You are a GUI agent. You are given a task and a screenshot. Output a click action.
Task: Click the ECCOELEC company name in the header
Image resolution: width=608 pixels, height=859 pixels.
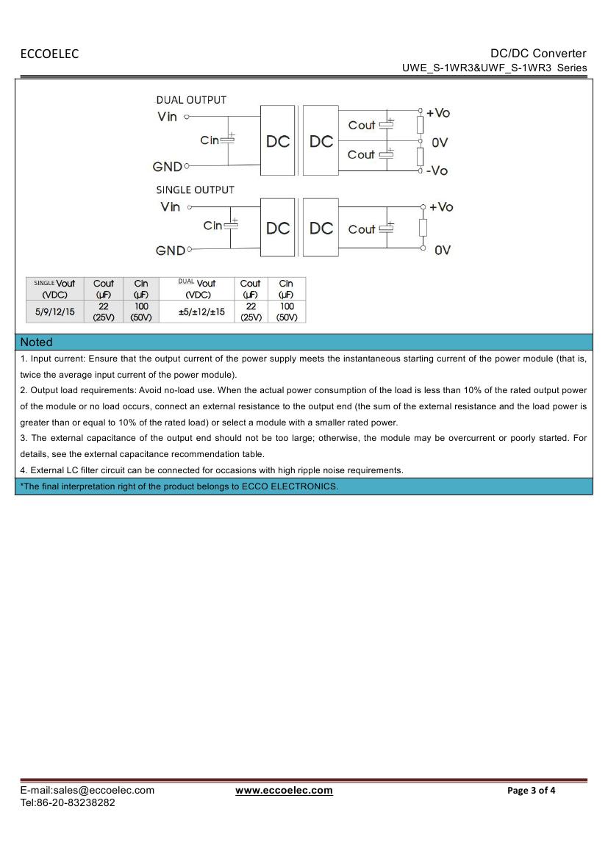[x=49, y=54]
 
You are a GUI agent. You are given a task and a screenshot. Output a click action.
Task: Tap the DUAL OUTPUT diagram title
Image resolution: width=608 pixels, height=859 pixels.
[x=191, y=100]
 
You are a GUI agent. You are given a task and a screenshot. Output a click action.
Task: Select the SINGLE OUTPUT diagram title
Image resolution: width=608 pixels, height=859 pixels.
[x=195, y=190]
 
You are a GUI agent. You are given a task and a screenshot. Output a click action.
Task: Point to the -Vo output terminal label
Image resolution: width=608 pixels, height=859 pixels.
[x=437, y=170]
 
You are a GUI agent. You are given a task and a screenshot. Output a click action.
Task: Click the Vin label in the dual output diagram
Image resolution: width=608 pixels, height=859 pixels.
[x=167, y=117]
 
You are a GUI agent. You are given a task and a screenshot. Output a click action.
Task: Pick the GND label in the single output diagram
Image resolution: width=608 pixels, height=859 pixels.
[x=170, y=251]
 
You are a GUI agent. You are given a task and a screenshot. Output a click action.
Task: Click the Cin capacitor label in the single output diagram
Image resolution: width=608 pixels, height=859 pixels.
[x=212, y=226]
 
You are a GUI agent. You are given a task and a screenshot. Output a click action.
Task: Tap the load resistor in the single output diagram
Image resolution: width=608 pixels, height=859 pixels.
[x=423, y=228]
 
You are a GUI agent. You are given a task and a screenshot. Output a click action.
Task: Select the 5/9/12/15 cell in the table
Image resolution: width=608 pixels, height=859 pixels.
[x=55, y=312]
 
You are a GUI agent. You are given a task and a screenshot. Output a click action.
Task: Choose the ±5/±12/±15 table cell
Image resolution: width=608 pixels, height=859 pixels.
[x=201, y=312]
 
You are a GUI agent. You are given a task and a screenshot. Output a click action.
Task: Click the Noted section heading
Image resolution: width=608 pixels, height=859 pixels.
[x=37, y=342]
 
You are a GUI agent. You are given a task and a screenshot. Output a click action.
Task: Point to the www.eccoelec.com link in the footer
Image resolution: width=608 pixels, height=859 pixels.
[x=284, y=791]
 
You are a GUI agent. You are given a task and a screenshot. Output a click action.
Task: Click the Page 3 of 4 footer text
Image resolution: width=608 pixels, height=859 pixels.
[x=532, y=791]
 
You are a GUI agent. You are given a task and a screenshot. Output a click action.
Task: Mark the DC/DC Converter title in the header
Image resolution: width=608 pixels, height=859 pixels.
[x=538, y=54]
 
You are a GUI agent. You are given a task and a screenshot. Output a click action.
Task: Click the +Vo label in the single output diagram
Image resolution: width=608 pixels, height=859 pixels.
[x=441, y=207]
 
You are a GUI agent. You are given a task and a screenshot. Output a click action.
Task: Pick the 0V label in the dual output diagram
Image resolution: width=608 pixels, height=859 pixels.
[x=440, y=143]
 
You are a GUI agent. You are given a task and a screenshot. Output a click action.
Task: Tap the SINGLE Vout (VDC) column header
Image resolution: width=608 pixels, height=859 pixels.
[x=55, y=289]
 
